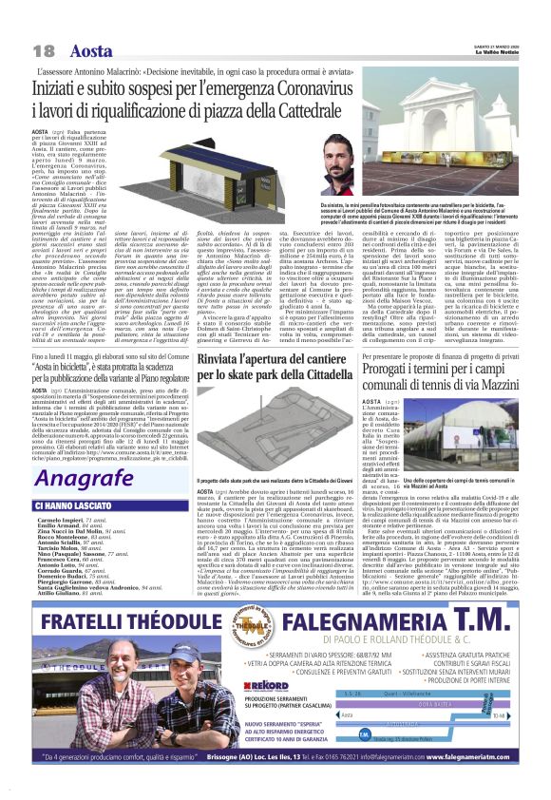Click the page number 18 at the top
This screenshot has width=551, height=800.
tap(43, 49)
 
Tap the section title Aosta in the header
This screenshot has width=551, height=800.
tap(91, 49)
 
